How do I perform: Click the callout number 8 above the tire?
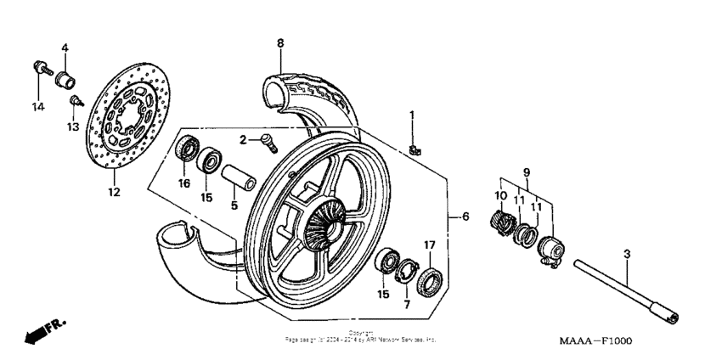280,42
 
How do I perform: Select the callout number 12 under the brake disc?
115,192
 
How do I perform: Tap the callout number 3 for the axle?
627,254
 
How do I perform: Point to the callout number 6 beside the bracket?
465,217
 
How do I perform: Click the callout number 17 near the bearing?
429,245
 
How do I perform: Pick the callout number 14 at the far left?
37,106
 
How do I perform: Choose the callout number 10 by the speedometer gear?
499,196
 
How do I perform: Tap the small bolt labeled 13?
75,103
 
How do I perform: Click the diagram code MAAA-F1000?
595,340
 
